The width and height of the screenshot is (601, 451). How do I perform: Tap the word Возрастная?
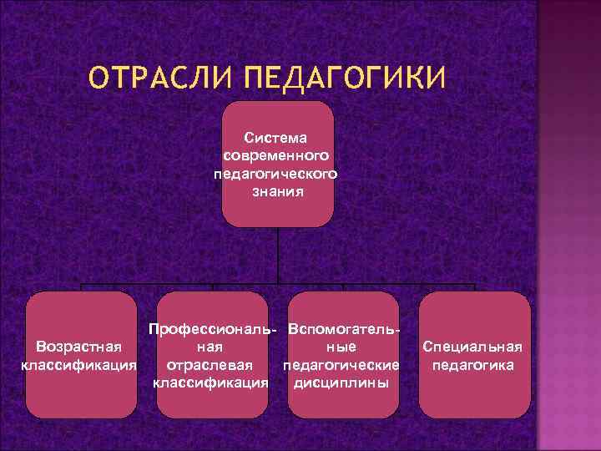(79, 347)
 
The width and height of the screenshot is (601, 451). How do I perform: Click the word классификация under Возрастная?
(79, 365)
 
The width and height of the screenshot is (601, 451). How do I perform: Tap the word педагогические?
(341, 365)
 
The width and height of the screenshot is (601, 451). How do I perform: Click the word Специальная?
(473, 347)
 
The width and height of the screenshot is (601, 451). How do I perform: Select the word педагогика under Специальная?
(473, 365)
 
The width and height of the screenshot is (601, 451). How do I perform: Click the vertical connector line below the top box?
(278, 255)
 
